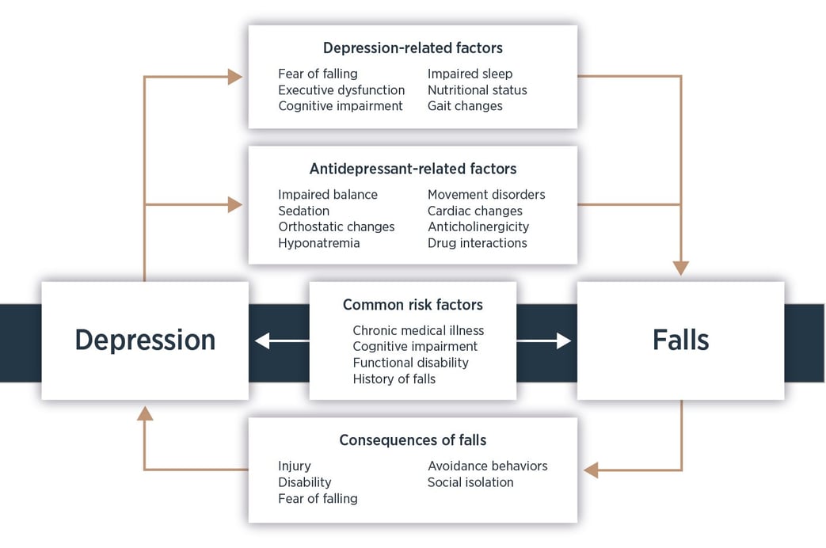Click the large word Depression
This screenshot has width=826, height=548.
[x=145, y=340]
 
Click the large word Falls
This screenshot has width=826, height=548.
[x=680, y=340]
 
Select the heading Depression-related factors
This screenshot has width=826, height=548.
[x=412, y=48]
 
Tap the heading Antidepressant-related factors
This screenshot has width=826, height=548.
[x=413, y=169]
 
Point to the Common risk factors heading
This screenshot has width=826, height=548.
[x=413, y=305]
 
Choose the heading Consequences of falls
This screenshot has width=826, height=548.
[x=413, y=440]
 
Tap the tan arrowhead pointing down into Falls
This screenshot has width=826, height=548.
[x=680, y=268]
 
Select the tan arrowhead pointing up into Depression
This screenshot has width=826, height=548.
[x=144, y=413]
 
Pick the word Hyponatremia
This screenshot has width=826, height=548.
[x=318, y=243]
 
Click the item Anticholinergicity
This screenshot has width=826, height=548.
[x=478, y=227]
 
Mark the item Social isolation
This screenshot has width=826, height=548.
[x=470, y=482]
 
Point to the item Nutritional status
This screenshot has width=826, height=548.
[x=477, y=90]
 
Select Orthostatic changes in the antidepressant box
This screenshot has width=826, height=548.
[x=336, y=227]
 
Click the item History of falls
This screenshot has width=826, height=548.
[x=394, y=379]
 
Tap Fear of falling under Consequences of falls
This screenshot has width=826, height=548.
[x=318, y=499]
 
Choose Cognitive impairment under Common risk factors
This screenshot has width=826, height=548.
[x=415, y=347]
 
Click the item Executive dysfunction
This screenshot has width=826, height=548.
[x=341, y=90]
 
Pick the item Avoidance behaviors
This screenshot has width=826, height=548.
[x=487, y=466]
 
